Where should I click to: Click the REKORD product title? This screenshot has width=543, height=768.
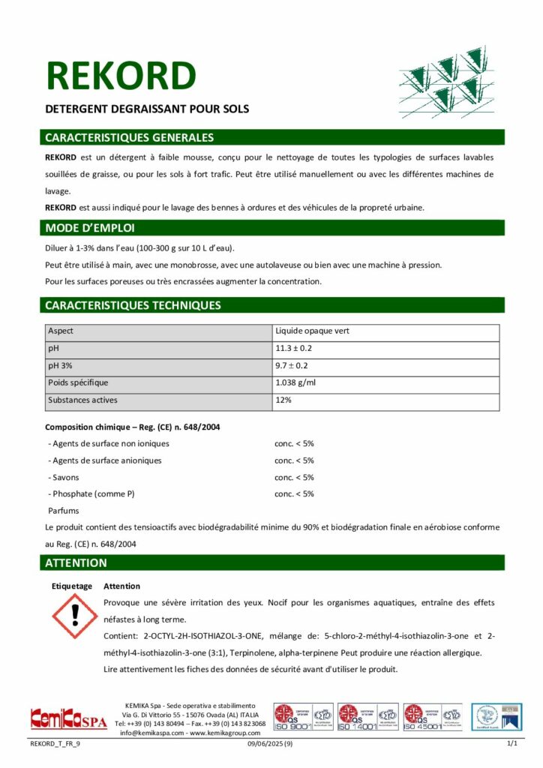(121, 76)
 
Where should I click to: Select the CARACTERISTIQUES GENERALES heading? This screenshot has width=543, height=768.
(129, 138)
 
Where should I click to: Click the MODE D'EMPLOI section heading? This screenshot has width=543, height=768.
(90, 228)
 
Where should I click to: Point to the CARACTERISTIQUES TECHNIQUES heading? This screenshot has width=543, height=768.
(133, 305)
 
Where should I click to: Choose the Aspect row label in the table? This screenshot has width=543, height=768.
(61, 331)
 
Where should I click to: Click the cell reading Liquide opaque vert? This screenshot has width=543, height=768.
(312, 331)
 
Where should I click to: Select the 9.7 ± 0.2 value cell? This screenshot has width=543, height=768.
(292, 365)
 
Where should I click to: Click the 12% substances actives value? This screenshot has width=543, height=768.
(283, 400)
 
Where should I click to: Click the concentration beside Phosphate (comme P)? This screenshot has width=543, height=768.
(294, 493)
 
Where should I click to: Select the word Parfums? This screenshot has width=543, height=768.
(63, 510)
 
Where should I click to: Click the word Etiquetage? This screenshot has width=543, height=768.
(72, 586)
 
